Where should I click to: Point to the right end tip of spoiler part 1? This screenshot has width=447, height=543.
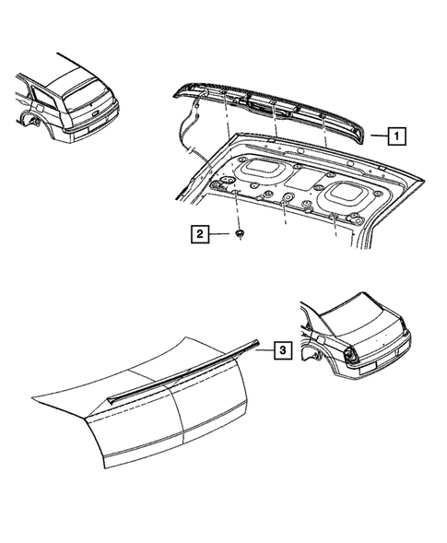pyautogui.click(x=364, y=129)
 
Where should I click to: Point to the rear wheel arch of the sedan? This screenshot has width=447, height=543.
pyautogui.click(x=318, y=348)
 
